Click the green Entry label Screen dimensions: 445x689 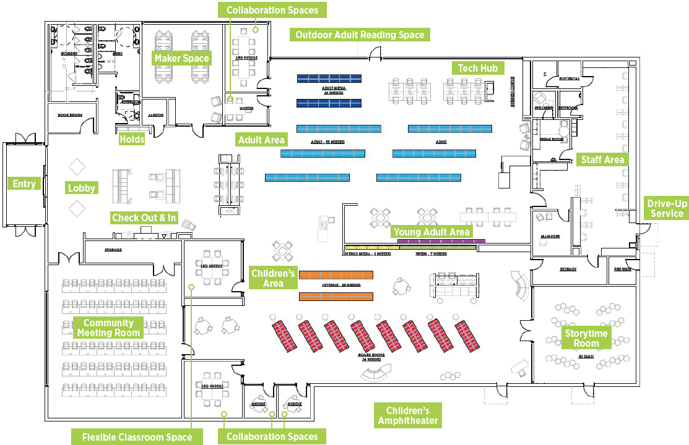click(x=24, y=184)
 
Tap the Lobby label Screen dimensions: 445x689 click(x=82, y=188)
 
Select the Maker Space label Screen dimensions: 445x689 click(x=182, y=58)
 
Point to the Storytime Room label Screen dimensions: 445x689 click(x=586, y=338)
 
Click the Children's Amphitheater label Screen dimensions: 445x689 click(x=407, y=415)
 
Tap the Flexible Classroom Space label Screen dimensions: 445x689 click(x=137, y=437)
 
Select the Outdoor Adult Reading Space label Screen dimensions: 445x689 click(x=360, y=35)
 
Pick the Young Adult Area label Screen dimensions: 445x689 click(x=432, y=232)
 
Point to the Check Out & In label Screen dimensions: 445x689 click(x=144, y=218)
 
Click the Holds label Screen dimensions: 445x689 click(x=132, y=139)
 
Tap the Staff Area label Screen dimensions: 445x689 click(x=602, y=160)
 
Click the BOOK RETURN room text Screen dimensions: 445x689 click(x=71, y=115)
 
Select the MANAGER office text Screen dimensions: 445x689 click(x=550, y=237)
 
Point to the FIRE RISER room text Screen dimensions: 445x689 click(x=622, y=269)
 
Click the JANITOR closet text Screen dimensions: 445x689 click(x=155, y=115)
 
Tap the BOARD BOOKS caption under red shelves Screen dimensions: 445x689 click(x=371, y=357)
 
